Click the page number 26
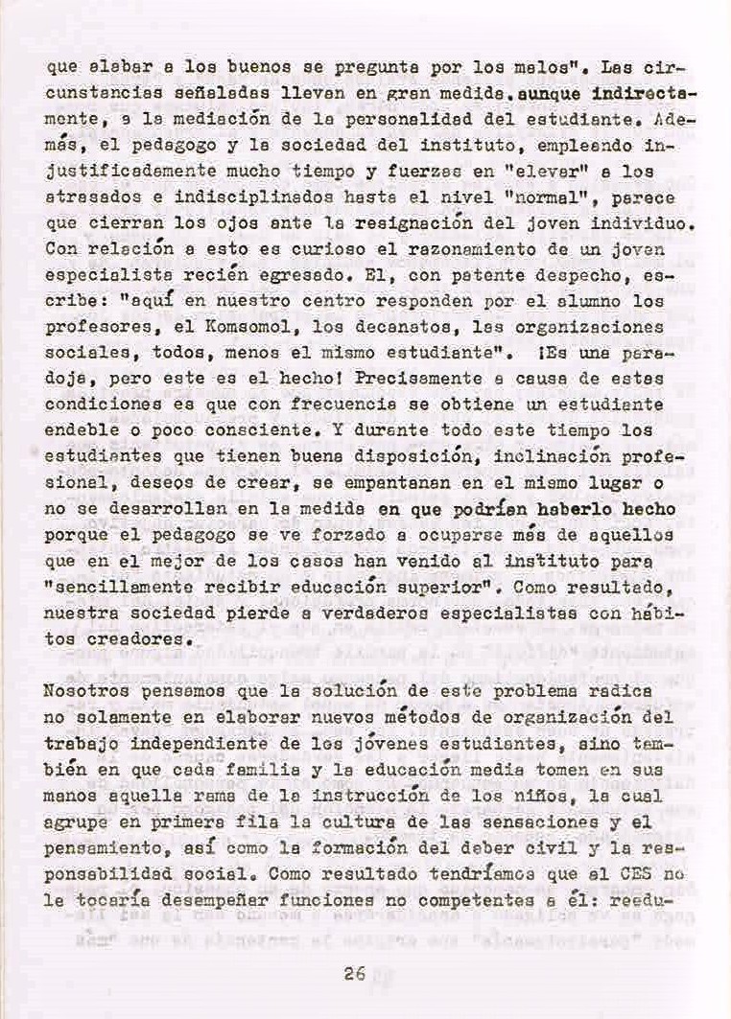[354, 974]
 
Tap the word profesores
[92, 328]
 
